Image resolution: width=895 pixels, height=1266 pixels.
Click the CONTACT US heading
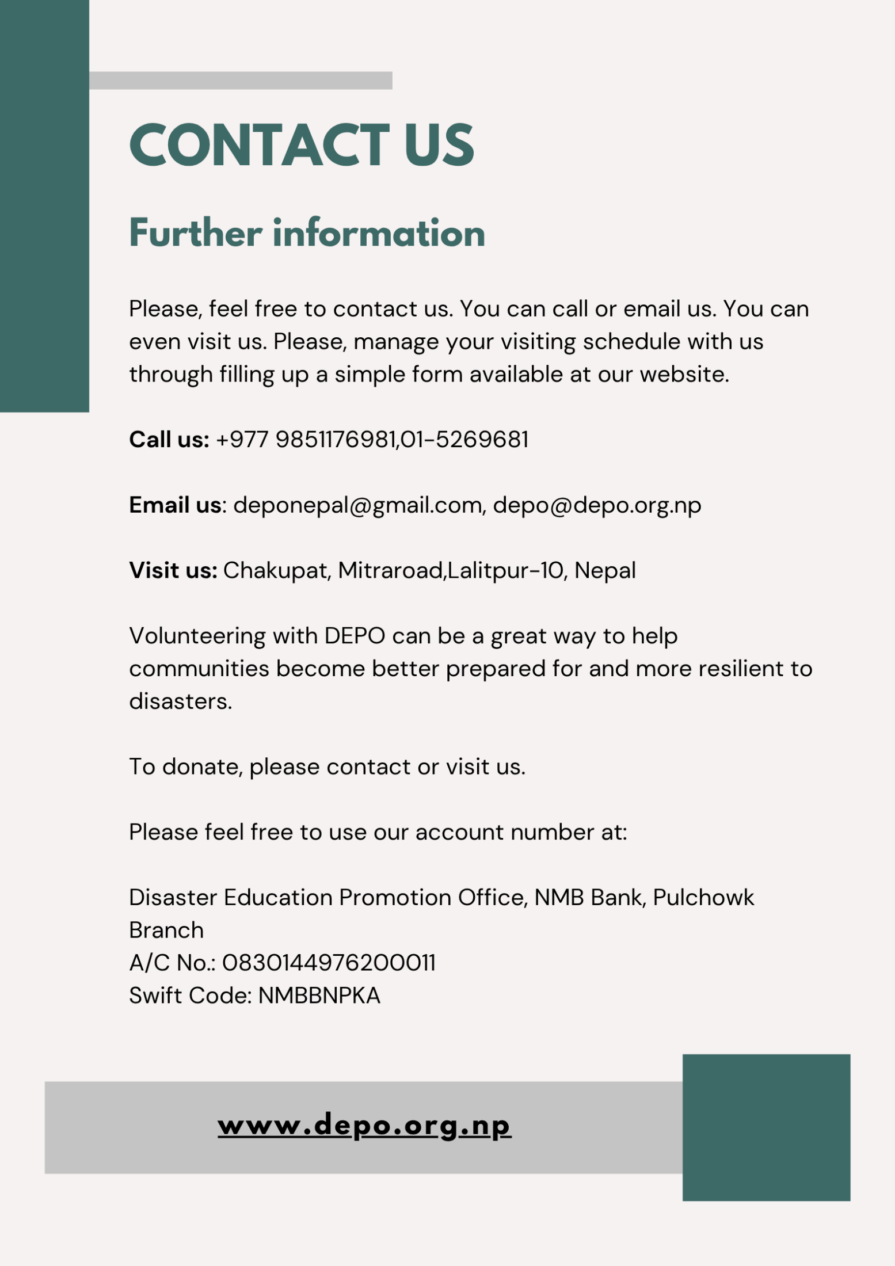click(x=302, y=145)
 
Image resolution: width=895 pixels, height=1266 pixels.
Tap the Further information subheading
click(x=307, y=233)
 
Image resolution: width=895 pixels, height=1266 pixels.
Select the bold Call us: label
click(x=169, y=440)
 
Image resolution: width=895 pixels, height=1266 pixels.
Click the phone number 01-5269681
click(x=464, y=440)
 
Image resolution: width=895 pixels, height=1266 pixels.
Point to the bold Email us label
click(x=175, y=505)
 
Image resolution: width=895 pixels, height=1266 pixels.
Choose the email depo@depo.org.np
click(x=597, y=505)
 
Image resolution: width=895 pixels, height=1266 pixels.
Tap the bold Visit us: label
click(x=173, y=570)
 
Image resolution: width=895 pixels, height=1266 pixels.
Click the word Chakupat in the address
click(x=275, y=570)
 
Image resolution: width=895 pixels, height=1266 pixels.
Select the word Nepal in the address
click(x=605, y=570)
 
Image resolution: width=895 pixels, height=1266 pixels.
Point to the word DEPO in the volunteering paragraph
click(x=355, y=636)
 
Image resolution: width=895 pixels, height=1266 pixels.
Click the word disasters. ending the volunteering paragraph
click(x=180, y=701)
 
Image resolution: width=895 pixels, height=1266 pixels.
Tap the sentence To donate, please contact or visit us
click(x=327, y=767)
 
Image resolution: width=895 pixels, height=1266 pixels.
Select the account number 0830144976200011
click(x=329, y=963)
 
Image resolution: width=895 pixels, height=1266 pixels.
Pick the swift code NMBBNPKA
click(x=319, y=996)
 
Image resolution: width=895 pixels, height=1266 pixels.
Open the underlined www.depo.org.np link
click(x=364, y=1126)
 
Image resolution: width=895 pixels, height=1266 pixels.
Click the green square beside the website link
click(x=766, y=1128)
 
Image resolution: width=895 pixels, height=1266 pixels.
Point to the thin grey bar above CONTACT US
click(x=241, y=81)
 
